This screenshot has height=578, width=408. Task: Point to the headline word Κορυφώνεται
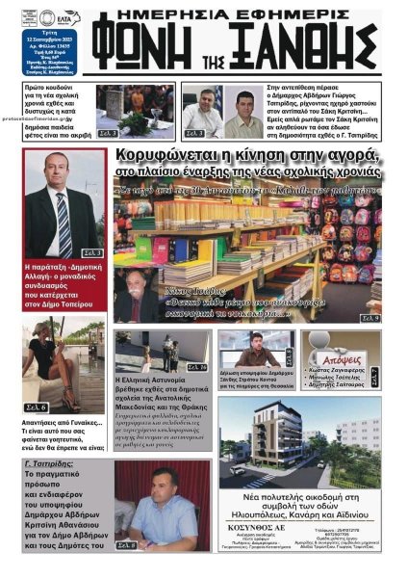click(x=160, y=156)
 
